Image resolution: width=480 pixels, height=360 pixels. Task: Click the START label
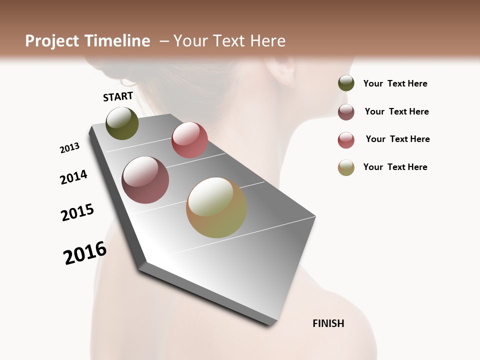point(118,96)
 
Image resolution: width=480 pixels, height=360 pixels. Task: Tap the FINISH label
point(328,323)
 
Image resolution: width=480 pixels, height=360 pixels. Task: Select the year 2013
point(69,148)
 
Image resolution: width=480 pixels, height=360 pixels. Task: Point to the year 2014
point(73,177)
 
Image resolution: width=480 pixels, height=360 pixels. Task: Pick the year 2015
point(77,212)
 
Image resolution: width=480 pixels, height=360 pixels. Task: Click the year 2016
point(85,253)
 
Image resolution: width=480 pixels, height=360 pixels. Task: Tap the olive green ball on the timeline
point(122,123)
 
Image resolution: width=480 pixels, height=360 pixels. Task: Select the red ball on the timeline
point(189,140)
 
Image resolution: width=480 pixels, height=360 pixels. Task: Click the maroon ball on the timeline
point(145,180)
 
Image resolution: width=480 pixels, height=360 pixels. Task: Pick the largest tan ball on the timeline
point(216,207)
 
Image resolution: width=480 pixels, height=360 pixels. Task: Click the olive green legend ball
point(346,83)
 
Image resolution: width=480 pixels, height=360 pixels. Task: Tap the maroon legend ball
point(346,112)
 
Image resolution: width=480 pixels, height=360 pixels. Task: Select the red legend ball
point(346,140)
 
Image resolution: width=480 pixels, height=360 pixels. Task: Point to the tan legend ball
point(346,167)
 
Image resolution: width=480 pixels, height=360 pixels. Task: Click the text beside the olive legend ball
point(395,84)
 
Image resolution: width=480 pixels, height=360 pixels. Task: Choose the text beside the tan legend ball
point(395,167)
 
